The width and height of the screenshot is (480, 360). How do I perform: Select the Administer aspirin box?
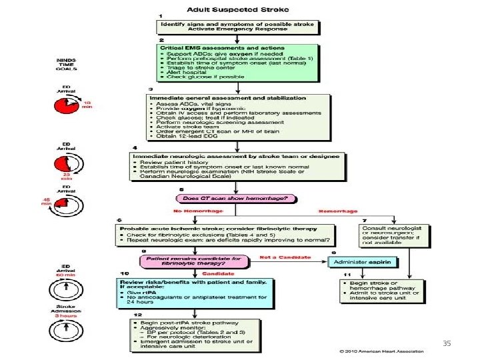pos(363,262)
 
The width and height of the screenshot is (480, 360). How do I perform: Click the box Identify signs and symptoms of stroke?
pos(239,27)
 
